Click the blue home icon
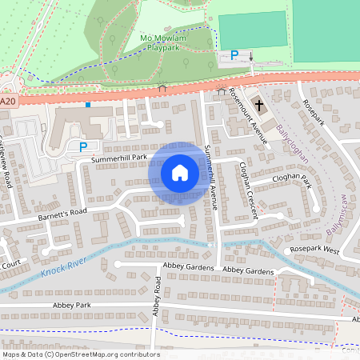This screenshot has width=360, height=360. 180,173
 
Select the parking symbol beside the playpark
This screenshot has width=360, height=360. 234,55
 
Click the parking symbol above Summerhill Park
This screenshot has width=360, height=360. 83,146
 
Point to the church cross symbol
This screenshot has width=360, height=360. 259,105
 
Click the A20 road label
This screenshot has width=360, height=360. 8,102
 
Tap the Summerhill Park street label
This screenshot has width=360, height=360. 119,158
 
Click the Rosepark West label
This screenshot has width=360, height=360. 314,250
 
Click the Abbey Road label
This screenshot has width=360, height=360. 158,296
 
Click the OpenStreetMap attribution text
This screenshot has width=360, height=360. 80,354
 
